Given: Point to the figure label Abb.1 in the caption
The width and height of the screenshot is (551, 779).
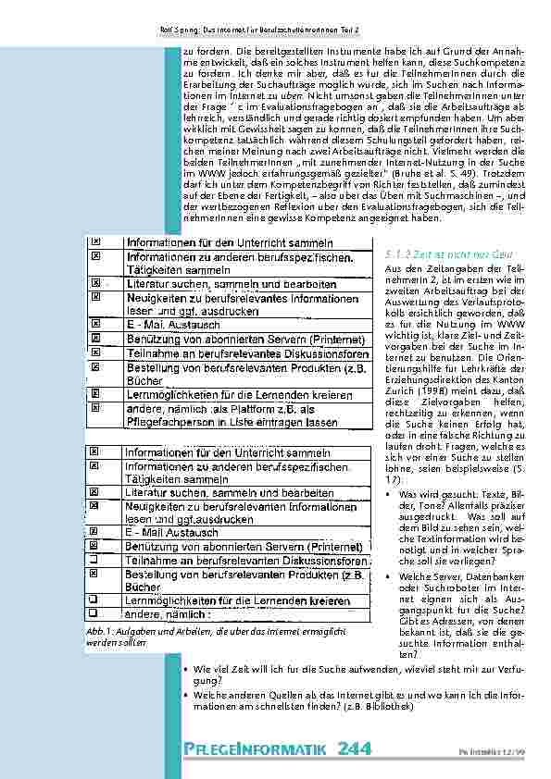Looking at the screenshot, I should click(x=81, y=630).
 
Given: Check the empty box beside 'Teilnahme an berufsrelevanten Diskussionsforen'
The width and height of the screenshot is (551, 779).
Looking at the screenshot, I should click(x=96, y=561).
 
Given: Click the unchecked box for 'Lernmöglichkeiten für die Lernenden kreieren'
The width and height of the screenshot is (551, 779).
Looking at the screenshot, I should click(x=96, y=599).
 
